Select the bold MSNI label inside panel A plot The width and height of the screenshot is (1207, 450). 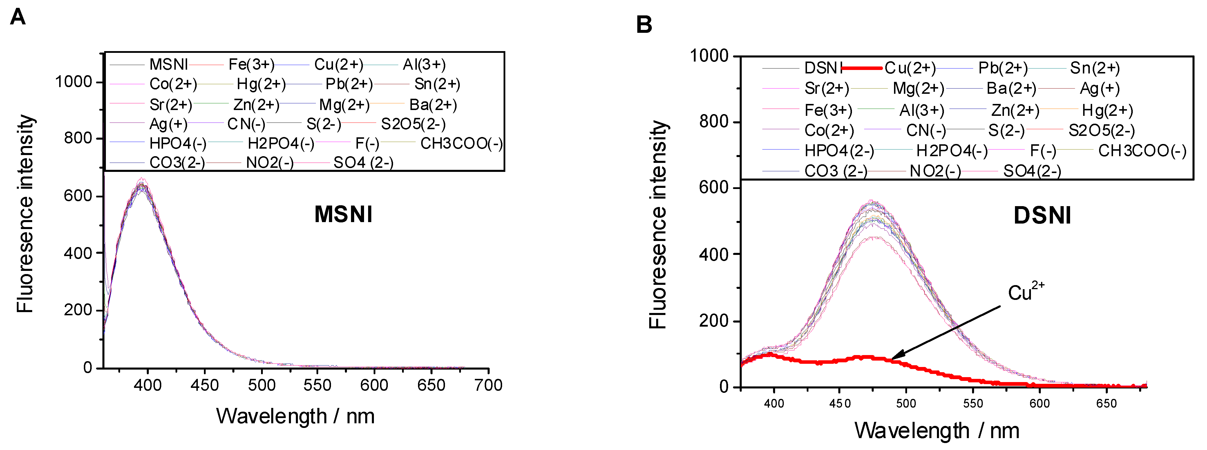(x=343, y=214)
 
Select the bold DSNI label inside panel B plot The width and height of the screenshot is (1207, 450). (x=1042, y=216)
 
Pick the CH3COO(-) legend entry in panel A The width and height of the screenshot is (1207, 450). (x=461, y=143)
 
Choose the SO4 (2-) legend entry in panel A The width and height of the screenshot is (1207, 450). (x=363, y=163)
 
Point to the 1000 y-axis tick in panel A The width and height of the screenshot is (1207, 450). (x=74, y=82)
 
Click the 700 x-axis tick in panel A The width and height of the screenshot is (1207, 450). (x=488, y=385)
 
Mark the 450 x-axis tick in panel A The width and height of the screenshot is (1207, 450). (x=204, y=385)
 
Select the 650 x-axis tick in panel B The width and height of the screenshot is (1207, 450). (x=1106, y=403)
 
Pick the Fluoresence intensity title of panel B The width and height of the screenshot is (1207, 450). (x=658, y=225)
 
